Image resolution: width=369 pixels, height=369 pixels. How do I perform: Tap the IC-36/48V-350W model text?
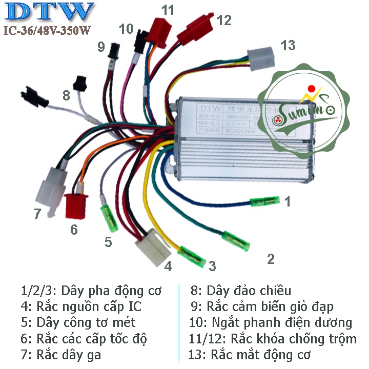click(47, 31)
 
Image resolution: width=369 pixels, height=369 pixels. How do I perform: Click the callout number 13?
click(288, 46)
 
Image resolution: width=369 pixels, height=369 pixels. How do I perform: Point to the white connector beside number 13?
click(261, 57)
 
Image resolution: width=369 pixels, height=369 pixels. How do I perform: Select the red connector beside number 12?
click(194, 30)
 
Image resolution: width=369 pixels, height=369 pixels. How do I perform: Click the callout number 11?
click(168, 10)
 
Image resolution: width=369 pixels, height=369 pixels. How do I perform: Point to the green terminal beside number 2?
click(237, 241)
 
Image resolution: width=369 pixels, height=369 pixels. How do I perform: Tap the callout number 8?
click(66, 95)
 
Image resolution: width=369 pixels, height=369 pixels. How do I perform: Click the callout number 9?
click(100, 48)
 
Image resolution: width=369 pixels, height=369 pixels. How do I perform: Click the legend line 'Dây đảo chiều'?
click(240, 291)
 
